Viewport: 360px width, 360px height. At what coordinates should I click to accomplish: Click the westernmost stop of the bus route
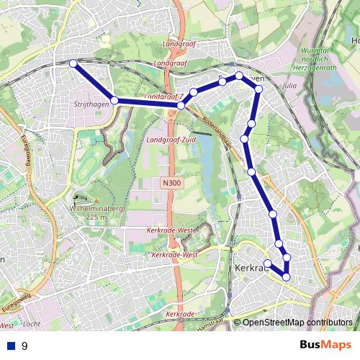73,63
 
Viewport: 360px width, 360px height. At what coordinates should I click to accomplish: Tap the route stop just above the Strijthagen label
114,100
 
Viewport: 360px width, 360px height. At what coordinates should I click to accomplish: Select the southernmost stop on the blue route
286,276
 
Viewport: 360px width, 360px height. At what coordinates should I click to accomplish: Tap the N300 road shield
171,184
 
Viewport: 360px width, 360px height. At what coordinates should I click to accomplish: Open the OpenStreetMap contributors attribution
297,323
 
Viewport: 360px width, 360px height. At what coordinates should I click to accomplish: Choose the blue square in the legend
11,346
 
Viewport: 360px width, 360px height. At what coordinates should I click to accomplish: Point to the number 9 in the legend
24,346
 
